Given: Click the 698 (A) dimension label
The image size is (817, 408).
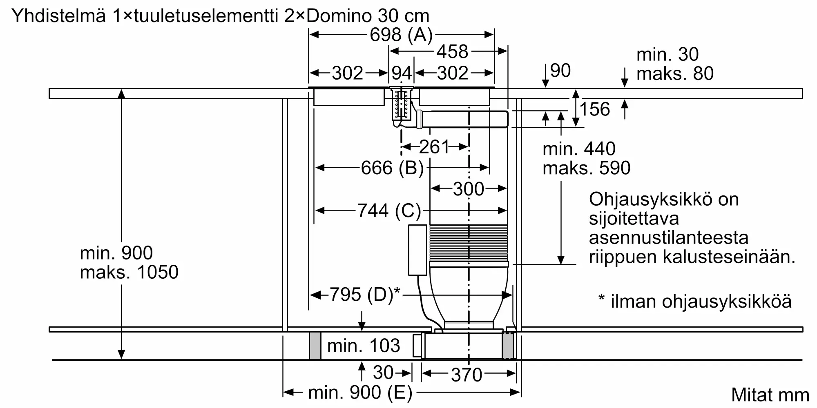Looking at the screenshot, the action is [x=401, y=35].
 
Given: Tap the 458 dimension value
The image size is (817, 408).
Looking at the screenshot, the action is [x=452, y=52].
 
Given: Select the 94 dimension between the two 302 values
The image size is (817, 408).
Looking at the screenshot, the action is [x=402, y=73].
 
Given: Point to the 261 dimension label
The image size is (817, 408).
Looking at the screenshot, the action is [x=434, y=147].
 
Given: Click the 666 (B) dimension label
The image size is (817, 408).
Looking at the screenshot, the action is [x=392, y=168].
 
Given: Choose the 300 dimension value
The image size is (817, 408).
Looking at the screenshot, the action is [x=469, y=189].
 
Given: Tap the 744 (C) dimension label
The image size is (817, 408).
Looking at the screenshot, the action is [x=389, y=211].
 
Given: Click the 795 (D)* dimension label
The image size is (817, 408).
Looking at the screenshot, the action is [x=365, y=295].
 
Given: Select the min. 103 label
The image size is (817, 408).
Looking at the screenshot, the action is [x=364, y=346].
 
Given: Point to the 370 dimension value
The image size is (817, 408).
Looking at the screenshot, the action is [x=467, y=375].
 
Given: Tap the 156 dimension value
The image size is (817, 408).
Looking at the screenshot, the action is [x=595, y=109].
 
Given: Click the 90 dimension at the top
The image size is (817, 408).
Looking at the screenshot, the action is [x=560, y=71].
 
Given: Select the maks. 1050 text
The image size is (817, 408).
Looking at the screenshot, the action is [x=129, y=272].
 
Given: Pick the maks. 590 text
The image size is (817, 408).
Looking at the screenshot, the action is [x=586, y=168].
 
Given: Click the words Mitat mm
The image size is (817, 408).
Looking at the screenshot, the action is [x=770, y=395].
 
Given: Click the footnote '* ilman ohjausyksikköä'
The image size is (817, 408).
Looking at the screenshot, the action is [x=695, y=302].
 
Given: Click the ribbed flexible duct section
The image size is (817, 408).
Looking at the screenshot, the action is [x=469, y=243].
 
